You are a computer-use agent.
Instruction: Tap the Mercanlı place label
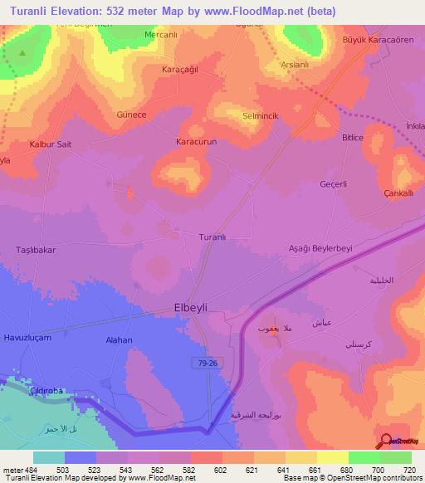coord(162,35)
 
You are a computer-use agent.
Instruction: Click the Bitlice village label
coord(353,138)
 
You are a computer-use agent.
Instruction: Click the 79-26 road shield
coord(210,363)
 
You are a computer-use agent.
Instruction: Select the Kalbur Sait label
coord(51,144)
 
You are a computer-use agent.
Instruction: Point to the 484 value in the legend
coord(32,470)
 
